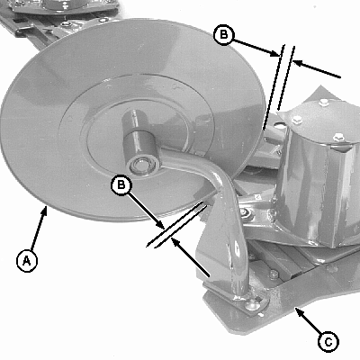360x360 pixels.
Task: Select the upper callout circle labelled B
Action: coord(224,34)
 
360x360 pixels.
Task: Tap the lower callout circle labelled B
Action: coord(121,184)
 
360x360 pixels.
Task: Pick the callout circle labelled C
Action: coord(328,342)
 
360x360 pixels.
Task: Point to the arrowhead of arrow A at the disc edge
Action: coord(46,209)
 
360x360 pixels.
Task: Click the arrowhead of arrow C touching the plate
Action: coord(297,310)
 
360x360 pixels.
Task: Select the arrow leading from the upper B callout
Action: coord(256,48)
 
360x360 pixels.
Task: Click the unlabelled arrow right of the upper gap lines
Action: coord(316,69)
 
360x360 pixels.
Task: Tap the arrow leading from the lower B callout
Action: coord(147,211)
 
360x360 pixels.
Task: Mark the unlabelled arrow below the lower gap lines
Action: coord(190,256)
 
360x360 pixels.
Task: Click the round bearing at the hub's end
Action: coord(139,165)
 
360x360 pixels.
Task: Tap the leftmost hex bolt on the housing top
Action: coord(297,120)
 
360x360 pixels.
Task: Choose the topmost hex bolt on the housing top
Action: coord(323,103)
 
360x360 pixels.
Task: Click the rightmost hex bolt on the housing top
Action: coord(339,138)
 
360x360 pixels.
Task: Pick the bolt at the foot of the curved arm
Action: coord(252,304)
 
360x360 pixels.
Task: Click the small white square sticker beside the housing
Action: coord(257,197)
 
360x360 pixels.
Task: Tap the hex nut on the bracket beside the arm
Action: coord(244,213)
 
